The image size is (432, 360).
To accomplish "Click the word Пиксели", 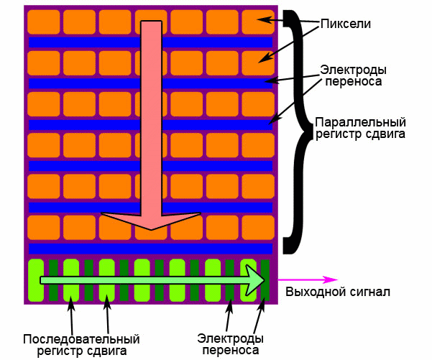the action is [x=346, y=24].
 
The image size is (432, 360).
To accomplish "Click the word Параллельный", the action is [x=361, y=122].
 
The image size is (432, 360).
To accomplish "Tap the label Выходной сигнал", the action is [x=338, y=292].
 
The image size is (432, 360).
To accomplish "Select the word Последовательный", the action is [x=81, y=339].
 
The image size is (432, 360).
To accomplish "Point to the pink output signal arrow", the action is [x=308, y=280].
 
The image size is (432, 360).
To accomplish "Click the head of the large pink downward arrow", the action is [x=151, y=221].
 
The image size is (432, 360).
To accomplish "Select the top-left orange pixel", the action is [x=44, y=22].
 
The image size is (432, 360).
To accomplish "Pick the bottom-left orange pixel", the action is [x=44, y=228].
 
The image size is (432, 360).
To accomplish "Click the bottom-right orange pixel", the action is [x=258, y=228].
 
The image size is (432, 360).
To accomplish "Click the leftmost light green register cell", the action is [x=36, y=280].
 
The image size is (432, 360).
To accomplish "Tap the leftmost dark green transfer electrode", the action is [x=53, y=280].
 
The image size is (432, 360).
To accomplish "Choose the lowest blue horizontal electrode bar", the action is [x=151, y=249].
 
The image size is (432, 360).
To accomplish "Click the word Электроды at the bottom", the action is [x=230, y=338].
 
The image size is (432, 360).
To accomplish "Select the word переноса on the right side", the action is [x=354, y=81].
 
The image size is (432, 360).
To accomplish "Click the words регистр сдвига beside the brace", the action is [x=360, y=134].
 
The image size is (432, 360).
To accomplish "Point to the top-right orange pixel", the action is [x=258, y=22].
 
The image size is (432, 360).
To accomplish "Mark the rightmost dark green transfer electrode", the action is [x=265, y=280].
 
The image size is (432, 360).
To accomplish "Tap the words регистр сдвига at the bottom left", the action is [x=82, y=351].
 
